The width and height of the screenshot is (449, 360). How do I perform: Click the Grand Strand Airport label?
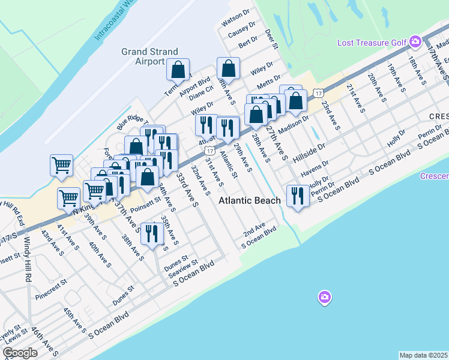point(142,56)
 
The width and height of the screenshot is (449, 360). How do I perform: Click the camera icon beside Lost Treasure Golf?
point(415,42)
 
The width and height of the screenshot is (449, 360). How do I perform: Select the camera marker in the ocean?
point(324,297)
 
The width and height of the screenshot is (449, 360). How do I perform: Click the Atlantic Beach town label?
point(249,200)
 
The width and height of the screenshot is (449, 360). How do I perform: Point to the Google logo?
point(20,353)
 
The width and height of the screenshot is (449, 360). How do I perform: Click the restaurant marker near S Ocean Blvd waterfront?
point(298,196)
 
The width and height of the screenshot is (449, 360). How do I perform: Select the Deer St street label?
point(272,38)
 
